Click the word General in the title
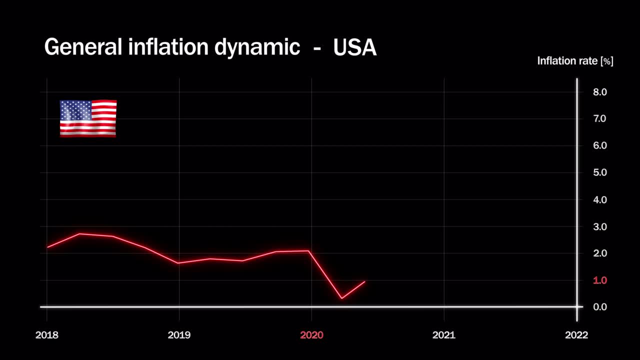(x=83, y=47)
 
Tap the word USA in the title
(x=354, y=47)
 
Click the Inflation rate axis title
(x=575, y=61)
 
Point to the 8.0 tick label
(x=599, y=92)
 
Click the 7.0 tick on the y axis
(x=599, y=118)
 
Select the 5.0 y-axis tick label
(x=599, y=172)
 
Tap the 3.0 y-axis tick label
(x=599, y=226)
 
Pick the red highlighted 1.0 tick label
(x=599, y=280)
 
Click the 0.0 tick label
(x=599, y=307)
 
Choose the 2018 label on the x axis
(x=46, y=335)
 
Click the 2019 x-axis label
(x=179, y=335)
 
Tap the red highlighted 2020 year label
(x=311, y=335)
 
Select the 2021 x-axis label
(x=444, y=335)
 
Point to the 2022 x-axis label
(x=576, y=335)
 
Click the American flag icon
(x=88, y=118)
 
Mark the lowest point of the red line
(x=341, y=298)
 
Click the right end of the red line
(x=365, y=281)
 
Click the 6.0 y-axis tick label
(x=599, y=145)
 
